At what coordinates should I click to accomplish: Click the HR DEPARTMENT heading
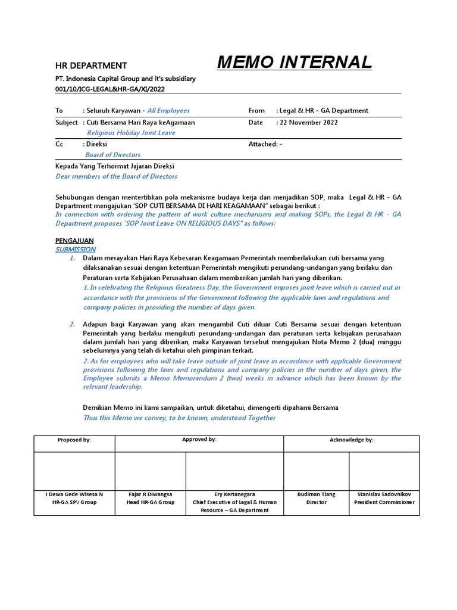(x=91, y=66)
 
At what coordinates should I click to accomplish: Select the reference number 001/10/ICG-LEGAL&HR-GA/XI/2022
(x=110, y=88)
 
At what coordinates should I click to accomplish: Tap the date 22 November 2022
(x=308, y=122)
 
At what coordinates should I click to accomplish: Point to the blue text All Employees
(x=168, y=111)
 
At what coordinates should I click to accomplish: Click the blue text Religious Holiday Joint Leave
(x=132, y=133)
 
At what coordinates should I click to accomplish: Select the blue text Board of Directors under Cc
(x=113, y=155)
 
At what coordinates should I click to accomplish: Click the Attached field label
(x=262, y=144)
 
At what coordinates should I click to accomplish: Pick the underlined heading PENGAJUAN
(x=75, y=240)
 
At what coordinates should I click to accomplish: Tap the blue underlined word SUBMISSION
(x=76, y=250)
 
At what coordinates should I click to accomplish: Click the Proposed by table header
(x=74, y=440)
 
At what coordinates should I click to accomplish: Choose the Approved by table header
(x=199, y=440)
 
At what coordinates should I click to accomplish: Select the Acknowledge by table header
(x=351, y=440)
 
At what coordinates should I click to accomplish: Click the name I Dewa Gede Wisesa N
(x=74, y=494)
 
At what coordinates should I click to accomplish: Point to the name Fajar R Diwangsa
(x=151, y=494)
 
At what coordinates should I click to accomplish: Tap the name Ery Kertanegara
(x=234, y=494)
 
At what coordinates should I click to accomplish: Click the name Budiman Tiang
(x=317, y=494)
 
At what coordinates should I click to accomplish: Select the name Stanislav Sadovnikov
(x=384, y=494)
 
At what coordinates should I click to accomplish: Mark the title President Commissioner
(x=384, y=502)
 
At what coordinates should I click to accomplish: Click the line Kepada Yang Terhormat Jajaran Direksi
(x=115, y=166)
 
